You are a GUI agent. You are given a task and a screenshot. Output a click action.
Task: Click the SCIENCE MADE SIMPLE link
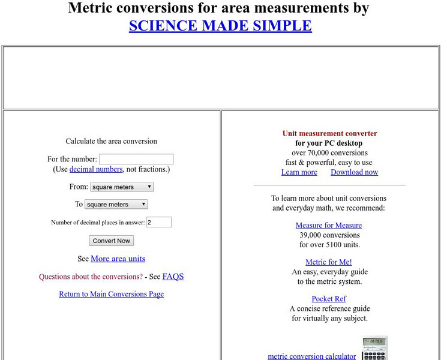coord(220,26)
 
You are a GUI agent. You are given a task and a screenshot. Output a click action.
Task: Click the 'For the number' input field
coord(136,159)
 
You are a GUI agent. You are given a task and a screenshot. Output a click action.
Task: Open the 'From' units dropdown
coord(122,187)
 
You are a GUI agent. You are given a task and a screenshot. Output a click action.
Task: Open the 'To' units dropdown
coord(116,204)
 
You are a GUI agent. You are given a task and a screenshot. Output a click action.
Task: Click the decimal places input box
coord(159,222)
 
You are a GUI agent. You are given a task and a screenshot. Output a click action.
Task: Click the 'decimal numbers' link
coord(96,169)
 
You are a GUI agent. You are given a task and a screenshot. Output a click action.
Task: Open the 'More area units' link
coord(118,259)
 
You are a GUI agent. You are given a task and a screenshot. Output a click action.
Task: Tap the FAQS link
coord(173,277)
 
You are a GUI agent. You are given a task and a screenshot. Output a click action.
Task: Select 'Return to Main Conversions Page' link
coord(111,294)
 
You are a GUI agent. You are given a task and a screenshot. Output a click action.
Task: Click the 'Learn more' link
coord(299,172)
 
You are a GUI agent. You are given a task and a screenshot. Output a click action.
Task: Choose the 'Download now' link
coord(354,172)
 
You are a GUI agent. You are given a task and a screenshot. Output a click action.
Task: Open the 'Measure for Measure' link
coord(329,226)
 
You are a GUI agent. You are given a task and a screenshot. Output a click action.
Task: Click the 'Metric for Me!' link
coord(329,262)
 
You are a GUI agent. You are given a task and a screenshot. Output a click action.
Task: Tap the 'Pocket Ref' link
coord(329,299)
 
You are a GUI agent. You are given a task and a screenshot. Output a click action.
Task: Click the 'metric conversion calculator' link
coord(311,356)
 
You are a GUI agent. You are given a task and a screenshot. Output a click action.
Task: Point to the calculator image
coord(374,349)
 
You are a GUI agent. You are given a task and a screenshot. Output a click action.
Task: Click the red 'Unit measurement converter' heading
coord(330,133)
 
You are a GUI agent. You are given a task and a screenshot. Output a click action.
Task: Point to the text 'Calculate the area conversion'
coord(111,142)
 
